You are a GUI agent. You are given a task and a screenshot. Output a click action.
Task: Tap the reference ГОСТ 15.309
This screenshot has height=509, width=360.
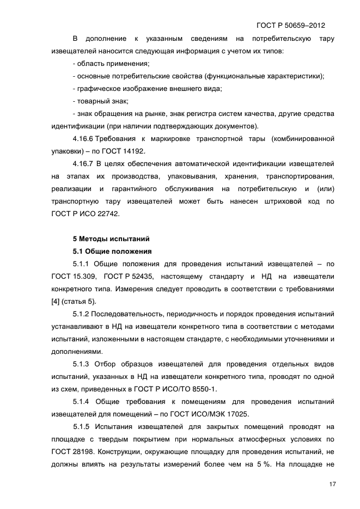(x=69, y=277)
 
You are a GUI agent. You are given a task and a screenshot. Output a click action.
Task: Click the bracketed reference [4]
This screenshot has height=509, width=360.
(x=55, y=302)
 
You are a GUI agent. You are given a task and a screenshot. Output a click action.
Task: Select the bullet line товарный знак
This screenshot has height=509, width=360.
(x=101, y=101)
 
